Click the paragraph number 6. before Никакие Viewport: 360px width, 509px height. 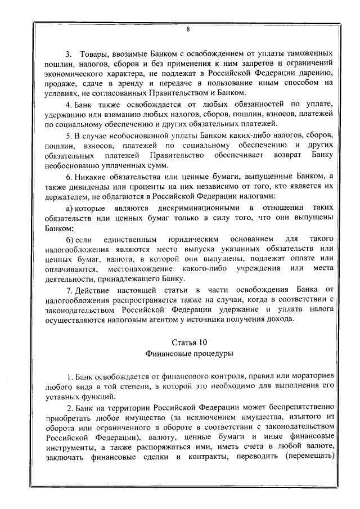[x=69, y=178]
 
